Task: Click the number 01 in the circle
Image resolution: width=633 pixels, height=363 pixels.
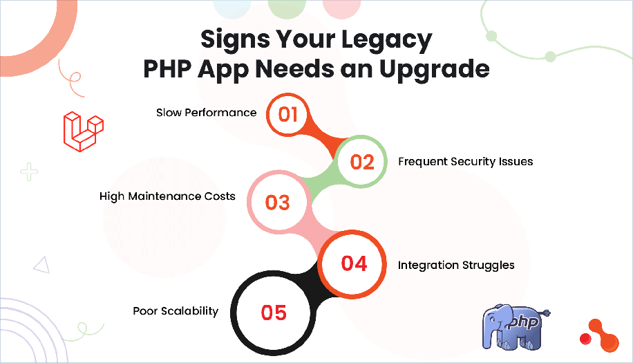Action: (x=288, y=113)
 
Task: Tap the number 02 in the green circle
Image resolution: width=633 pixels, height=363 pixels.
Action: (x=362, y=162)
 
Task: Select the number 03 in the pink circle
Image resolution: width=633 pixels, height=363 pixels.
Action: (x=277, y=203)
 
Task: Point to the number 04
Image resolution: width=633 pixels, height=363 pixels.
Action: (x=355, y=263)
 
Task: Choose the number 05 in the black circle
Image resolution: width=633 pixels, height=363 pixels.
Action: (x=274, y=313)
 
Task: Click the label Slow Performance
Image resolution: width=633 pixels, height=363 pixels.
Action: (x=206, y=113)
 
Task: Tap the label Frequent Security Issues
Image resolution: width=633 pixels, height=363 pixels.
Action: (x=465, y=162)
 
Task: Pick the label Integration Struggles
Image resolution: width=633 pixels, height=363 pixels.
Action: (x=456, y=265)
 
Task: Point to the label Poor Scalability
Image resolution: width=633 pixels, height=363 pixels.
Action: (x=176, y=311)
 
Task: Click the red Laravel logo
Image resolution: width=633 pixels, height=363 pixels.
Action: (x=82, y=130)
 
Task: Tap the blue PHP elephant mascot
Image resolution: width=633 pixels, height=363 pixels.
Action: (x=515, y=324)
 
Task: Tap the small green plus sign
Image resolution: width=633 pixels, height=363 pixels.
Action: (x=28, y=171)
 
